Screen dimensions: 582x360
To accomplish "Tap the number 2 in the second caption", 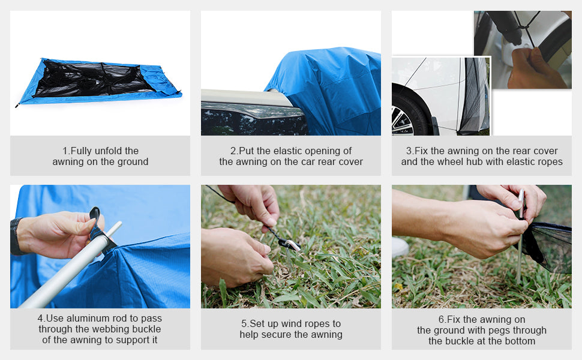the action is [233, 151].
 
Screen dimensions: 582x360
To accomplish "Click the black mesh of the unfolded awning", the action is [93, 79].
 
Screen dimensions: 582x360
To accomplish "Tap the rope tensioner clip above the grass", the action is [289, 244].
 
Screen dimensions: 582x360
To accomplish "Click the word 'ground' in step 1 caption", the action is [133, 161].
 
